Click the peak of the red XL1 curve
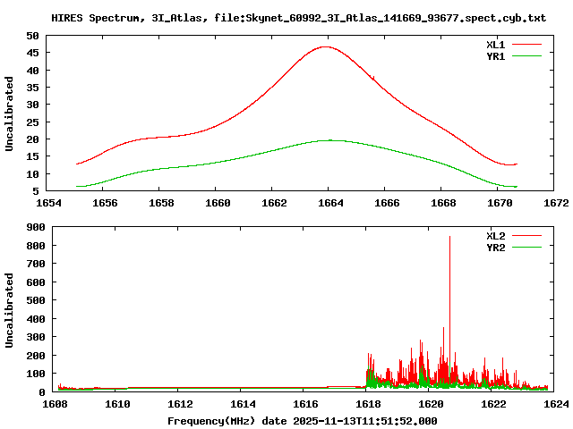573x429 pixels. [x=325, y=46]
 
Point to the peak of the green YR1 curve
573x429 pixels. [x=329, y=139]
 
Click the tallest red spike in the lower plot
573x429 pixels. [x=449, y=237]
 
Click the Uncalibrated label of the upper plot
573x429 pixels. [x=10, y=114]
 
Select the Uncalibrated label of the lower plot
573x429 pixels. [x=10, y=310]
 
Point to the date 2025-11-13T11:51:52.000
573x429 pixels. [x=365, y=420]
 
